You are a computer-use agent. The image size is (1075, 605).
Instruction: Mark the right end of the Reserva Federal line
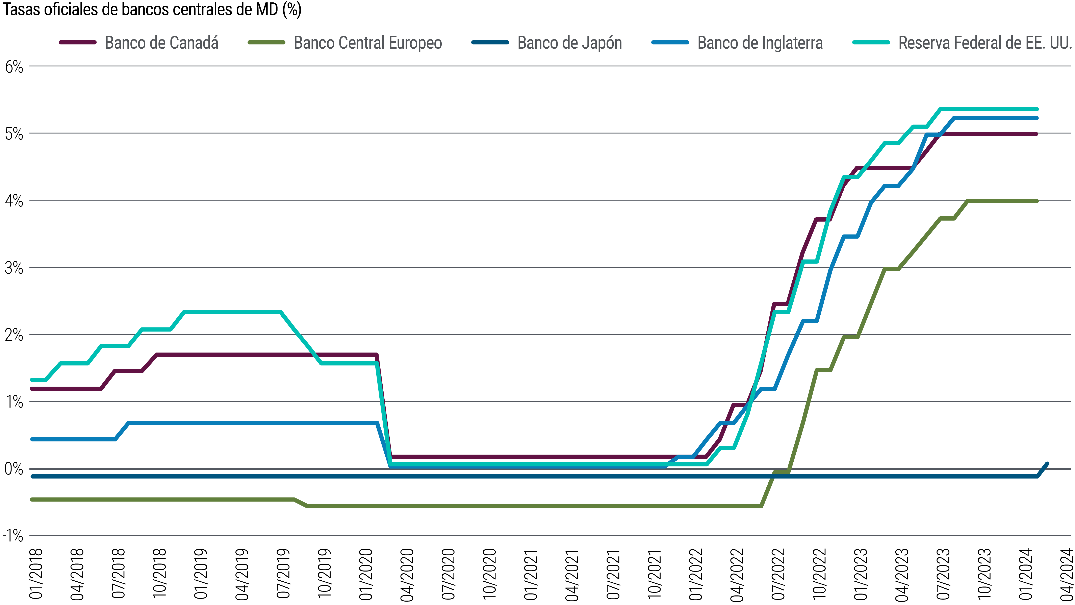[1037, 109]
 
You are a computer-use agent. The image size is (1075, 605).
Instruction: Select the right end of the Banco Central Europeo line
[1037, 201]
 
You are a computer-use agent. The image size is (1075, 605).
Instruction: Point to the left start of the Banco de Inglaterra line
[32, 439]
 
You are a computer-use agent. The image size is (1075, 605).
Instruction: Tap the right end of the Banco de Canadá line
[1037, 134]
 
